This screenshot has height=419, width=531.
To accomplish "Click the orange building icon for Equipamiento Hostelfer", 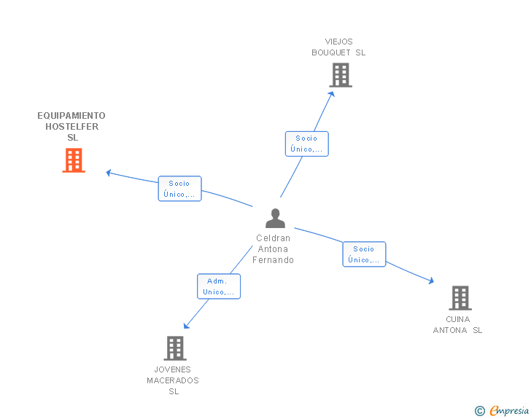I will click(x=74, y=160).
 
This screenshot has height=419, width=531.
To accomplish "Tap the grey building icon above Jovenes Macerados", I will click(x=175, y=348).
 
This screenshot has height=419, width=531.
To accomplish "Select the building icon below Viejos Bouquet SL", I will click(x=341, y=75).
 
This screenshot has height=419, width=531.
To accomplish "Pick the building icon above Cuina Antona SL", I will click(x=460, y=298).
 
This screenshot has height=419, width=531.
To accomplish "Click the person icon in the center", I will click(x=275, y=219).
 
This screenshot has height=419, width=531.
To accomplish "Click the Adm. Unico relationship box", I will click(x=219, y=286).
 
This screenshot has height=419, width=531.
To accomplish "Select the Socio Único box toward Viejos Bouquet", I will click(x=306, y=144).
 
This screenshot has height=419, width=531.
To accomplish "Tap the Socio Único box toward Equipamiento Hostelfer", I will click(x=179, y=189).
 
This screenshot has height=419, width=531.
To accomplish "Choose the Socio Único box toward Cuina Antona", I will click(x=364, y=254).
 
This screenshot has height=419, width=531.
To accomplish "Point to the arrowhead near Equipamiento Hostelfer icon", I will click(x=109, y=173).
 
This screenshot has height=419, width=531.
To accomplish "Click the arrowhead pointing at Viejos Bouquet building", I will click(x=332, y=93).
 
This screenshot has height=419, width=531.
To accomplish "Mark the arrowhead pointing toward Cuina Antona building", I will click(x=431, y=281).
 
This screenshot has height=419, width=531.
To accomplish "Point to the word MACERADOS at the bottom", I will click(x=173, y=380).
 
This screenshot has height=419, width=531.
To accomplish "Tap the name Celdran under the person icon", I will click(x=274, y=238).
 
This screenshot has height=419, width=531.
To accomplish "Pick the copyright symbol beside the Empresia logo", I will click(x=480, y=412).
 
